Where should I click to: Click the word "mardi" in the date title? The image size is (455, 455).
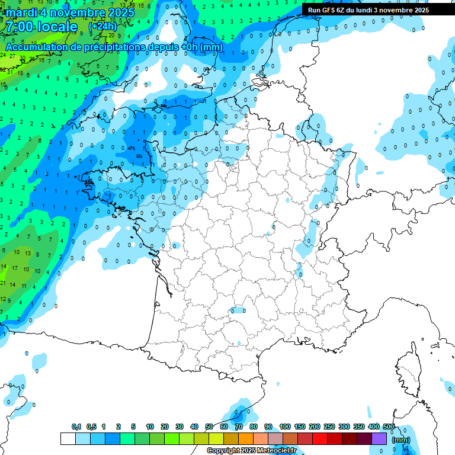tap(20, 12)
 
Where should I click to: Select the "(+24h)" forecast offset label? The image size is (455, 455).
tap(102, 27)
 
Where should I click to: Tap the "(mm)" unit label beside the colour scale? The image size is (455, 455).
tap(401, 440)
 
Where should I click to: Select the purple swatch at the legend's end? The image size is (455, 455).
tap(379, 439)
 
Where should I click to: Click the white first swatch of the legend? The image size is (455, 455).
tap(68, 439)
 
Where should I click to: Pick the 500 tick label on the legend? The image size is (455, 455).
tap(389, 427)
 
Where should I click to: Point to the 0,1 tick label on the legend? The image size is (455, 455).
tap(76, 427)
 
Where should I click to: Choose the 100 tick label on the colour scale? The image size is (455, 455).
tap(284, 427)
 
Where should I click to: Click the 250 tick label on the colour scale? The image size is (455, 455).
tap(329, 427)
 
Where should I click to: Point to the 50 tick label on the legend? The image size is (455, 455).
tap(209, 427)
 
